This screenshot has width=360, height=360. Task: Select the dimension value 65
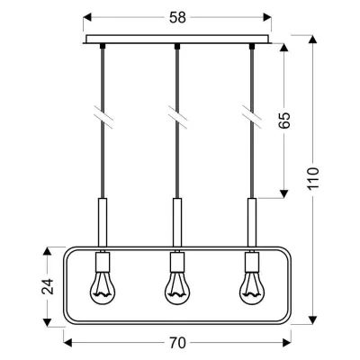284,121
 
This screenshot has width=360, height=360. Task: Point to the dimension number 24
48,285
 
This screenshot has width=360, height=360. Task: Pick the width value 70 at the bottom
176,342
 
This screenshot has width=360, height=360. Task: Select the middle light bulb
176,284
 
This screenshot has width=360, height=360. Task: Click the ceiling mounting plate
176,40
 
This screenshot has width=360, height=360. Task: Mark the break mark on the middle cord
176,116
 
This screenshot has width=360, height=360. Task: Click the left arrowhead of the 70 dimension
67,342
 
